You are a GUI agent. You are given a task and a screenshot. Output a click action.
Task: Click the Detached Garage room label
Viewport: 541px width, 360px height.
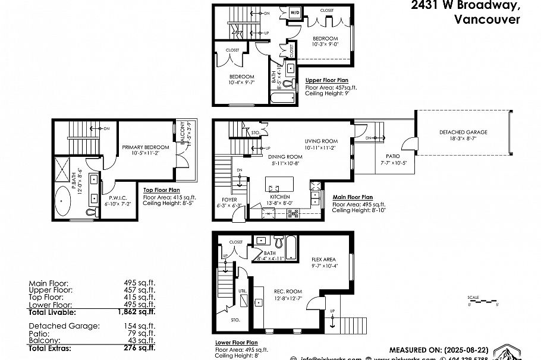pyautogui.click(x=463, y=132)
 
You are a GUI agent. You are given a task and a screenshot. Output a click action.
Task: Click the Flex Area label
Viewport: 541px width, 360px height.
pyautogui.click(x=325, y=260)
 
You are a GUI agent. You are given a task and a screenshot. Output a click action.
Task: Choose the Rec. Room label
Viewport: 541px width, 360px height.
pyautogui.click(x=285, y=291)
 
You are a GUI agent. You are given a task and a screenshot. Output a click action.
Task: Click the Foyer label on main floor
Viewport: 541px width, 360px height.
pyautogui.click(x=229, y=199)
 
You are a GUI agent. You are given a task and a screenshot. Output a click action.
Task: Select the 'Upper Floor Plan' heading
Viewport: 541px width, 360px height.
pyautogui.click(x=327, y=80)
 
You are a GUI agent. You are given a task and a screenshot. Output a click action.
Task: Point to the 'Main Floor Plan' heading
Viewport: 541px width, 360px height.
pyautogui.click(x=353, y=197)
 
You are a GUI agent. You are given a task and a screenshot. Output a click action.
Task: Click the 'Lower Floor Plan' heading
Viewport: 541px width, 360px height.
pyautogui.click(x=236, y=343)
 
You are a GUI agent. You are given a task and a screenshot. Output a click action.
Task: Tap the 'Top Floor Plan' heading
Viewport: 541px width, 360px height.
pyautogui.click(x=161, y=190)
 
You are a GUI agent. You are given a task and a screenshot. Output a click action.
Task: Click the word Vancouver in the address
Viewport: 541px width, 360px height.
pyautogui.click(x=487, y=19)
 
